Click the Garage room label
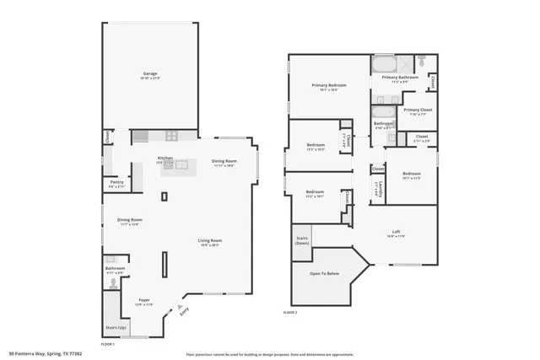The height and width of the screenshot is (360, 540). coord(150,75)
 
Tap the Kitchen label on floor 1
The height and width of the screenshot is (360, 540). coord(165,159)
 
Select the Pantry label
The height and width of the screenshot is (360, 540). coord(117,184)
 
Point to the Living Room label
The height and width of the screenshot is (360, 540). coord(209,243)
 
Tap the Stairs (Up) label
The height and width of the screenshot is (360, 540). coord(116,326)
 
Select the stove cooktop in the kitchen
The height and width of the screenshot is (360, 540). coord(170,135)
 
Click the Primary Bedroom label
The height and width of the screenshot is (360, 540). coord(328,86)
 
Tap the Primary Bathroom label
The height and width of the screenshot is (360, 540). coord(405,78)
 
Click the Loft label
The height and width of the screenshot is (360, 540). coord(396,234)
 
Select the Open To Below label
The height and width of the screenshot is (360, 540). coord(325,273)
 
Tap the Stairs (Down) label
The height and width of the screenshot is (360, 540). coord(303,240)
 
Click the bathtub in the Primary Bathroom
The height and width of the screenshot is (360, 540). coord(384,65)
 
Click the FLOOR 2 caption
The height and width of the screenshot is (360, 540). coord(290,313)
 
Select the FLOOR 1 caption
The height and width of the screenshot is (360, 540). coord(108,345)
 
